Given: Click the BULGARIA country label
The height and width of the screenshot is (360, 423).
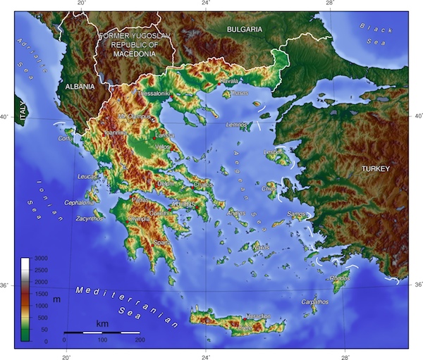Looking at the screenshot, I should coord(244,29).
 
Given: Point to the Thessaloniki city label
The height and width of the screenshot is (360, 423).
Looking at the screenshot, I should coord(154,93).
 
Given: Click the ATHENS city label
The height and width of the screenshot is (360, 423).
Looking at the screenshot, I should coord(183,204).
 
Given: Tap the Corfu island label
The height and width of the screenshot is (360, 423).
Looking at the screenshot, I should coord(65,139).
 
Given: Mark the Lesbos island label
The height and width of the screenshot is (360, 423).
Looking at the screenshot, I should coord(273,151).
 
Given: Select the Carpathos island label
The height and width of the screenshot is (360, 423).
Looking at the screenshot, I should coord(315,302).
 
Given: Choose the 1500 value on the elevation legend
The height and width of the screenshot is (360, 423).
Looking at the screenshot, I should coord(42,294).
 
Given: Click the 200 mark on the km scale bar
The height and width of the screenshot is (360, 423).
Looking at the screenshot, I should coord(140,340).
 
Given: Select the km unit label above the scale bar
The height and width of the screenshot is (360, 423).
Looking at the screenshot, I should coord(102,323).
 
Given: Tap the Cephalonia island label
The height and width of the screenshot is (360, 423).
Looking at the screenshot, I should coord(79,203).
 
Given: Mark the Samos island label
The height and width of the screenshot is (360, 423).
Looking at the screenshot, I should coord(297,213).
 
